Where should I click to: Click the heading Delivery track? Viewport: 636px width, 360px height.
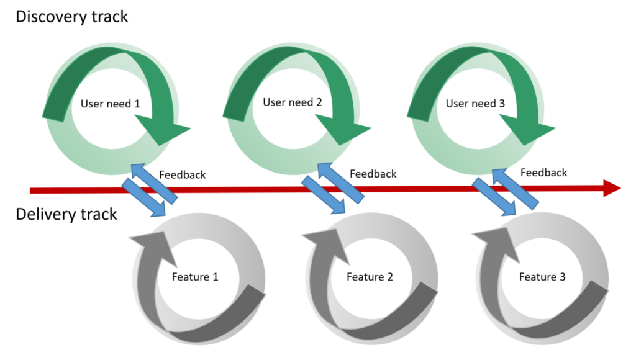(x=66, y=215)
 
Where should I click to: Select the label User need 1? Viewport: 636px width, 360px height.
(x=110, y=104)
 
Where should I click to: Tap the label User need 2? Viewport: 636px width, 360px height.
(x=292, y=102)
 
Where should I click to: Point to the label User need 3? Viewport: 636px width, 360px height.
(x=475, y=104)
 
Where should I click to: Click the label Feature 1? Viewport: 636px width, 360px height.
(x=195, y=277)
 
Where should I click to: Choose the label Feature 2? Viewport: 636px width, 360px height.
(x=370, y=277)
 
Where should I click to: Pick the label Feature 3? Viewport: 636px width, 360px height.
(x=542, y=277)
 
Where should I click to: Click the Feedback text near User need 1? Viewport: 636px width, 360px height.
(x=182, y=175)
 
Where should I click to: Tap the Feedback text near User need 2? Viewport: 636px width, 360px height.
(x=373, y=174)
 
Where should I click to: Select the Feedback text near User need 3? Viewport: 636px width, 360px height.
(x=543, y=173)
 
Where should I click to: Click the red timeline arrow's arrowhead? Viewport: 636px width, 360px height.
(x=611, y=188)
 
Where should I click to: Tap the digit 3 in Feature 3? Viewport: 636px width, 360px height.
(x=562, y=277)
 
